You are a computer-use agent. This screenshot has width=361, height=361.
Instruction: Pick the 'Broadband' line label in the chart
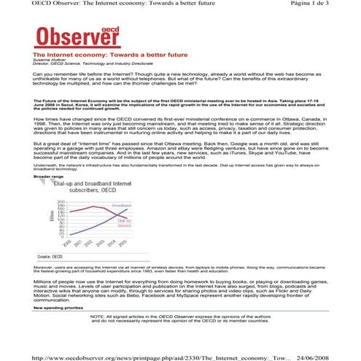(122, 206)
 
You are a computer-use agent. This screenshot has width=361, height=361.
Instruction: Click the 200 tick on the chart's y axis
(61, 201)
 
